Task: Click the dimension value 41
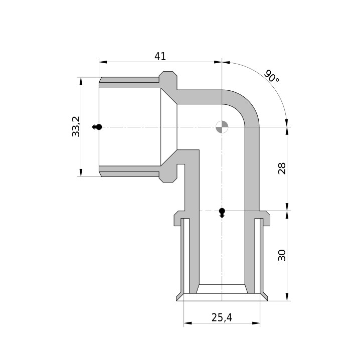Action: pos(160,56)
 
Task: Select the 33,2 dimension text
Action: pos(76,126)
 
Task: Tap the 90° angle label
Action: pos(271,76)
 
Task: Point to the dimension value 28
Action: pos(282,168)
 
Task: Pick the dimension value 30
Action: pos(282,255)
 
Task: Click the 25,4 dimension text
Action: pos(222,317)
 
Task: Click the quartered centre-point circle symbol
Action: pos(222,127)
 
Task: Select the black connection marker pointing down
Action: pos(222,213)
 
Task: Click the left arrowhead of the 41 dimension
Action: pos(103,62)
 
